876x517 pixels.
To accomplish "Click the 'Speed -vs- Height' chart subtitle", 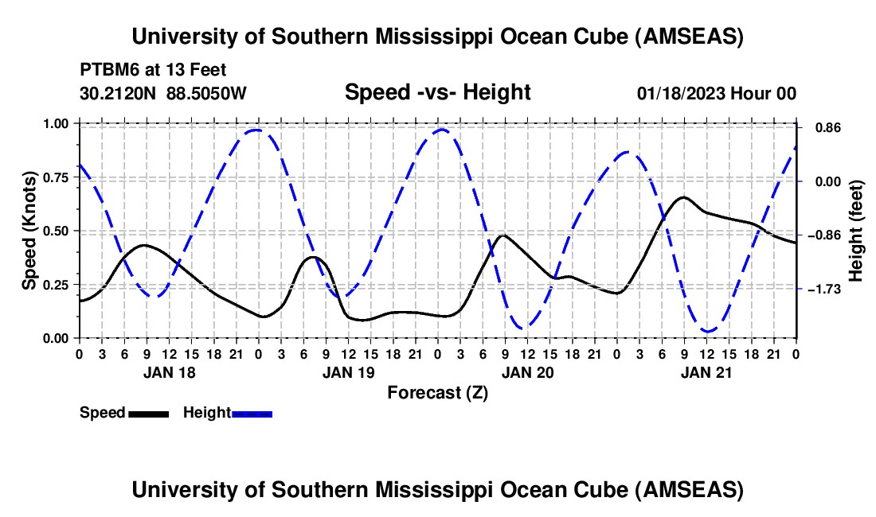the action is click(437, 92).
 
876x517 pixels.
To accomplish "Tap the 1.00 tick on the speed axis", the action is click(57, 123).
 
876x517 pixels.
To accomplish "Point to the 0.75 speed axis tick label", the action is click(57, 177).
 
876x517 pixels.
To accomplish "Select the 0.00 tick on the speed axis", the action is click(57, 339).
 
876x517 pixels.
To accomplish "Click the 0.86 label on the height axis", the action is click(828, 128).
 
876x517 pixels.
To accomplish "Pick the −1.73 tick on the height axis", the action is click(824, 290).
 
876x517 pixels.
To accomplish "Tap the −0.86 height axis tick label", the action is click(824, 235).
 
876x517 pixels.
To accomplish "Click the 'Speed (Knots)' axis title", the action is click(29, 231).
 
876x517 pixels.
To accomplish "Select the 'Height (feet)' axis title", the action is click(856, 231).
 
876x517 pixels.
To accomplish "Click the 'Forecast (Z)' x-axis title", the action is click(437, 393).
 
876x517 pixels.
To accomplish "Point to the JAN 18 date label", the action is click(170, 373).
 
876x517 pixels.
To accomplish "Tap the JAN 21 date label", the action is click(706, 373).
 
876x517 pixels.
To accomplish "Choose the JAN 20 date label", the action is click(527, 373).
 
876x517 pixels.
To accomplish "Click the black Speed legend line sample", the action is click(149, 414).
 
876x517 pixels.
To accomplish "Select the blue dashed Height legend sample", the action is click(252, 414).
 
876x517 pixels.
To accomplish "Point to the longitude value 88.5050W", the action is click(206, 93).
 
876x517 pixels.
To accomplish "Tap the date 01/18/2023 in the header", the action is click(680, 93).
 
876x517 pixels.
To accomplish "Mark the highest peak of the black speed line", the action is click(683, 197).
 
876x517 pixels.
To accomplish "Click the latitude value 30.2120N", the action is click(117, 93).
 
